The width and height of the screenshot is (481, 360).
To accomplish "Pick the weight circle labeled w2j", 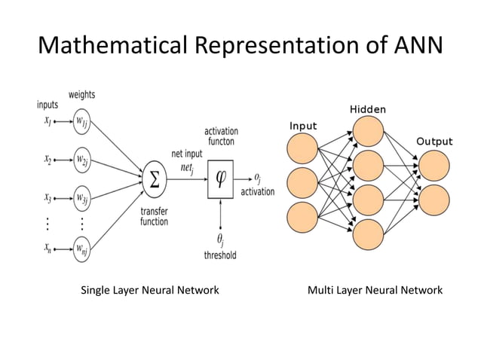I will tap(81, 160).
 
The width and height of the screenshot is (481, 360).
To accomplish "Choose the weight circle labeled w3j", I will tap(81, 200).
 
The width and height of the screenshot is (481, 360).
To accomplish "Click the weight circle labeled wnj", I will tap(81, 248).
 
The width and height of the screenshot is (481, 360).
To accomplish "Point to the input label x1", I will tap(47, 121).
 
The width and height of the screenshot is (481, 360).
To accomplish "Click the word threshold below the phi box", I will tap(220, 255).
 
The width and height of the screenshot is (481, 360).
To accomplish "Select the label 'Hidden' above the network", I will tap(368, 110).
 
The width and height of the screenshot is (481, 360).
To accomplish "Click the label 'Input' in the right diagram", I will tap(303, 126).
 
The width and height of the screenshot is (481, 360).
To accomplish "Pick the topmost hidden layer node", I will tap(369, 132).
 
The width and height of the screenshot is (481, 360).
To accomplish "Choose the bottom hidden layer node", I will tap(369, 233).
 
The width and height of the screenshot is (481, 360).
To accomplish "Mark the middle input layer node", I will tap(303, 182).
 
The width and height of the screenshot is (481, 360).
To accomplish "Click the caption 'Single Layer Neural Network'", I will tap(150, 290).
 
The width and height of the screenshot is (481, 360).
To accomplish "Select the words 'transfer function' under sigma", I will tap(154, 217).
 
